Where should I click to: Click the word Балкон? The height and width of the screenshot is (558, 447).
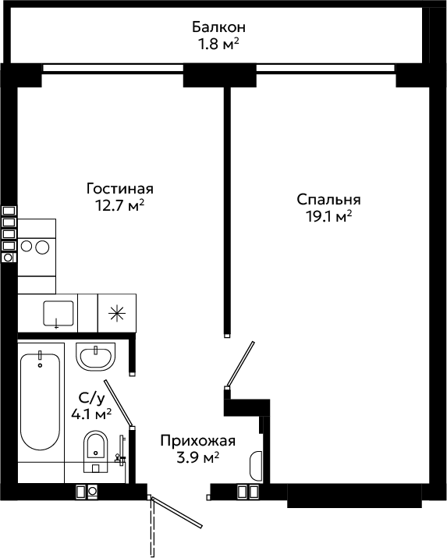[x=218, y=27]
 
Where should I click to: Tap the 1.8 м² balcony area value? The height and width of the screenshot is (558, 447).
[x=218, y=44]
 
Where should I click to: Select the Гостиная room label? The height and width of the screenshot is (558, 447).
[x=120, y=189]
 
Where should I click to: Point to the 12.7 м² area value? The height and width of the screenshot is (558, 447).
[x=119, y=205]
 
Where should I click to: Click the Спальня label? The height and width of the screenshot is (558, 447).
[x=328, y=200]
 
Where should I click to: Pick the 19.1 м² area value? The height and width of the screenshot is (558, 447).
[x=329, y=216]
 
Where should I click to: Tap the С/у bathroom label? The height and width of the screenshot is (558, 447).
[x=92, y=399]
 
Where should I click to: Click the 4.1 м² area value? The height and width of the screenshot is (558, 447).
[x=91, y=414]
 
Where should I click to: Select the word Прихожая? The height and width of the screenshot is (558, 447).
[x=197, y=441]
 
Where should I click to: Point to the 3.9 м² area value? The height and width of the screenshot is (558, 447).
[x=197, y=457]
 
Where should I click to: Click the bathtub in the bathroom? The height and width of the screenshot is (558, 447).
[x=41, y=402]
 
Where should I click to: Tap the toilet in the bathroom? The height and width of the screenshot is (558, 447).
[x=95, y=451]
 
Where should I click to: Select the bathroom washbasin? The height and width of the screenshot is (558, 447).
[x=95, y=357]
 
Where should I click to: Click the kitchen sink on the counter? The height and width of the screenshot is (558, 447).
[x=59, y=314]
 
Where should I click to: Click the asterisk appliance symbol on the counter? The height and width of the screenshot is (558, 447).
[x=117, y=313]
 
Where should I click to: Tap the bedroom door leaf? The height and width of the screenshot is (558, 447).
[x=240, y=364]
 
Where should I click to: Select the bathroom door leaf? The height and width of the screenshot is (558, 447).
[x=119, y=403]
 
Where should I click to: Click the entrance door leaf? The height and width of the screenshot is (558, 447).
[x=177, y=511]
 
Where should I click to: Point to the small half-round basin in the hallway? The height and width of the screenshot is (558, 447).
[x=256, y=466]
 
